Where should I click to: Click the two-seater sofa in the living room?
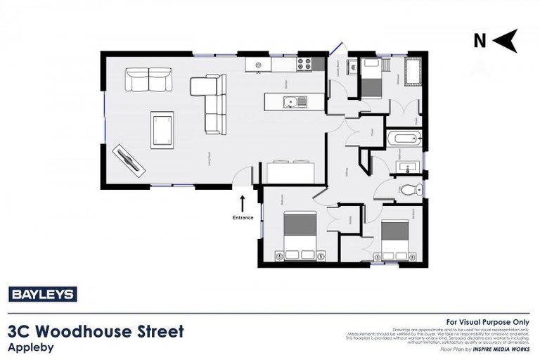148,79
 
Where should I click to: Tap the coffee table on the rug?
162,129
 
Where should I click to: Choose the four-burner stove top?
304,64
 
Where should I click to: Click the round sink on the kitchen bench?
258,65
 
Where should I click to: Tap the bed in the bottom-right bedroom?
394,240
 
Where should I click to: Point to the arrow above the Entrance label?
243,203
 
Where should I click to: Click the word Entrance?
243,217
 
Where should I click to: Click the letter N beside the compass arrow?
480,41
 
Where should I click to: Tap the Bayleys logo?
42,295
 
